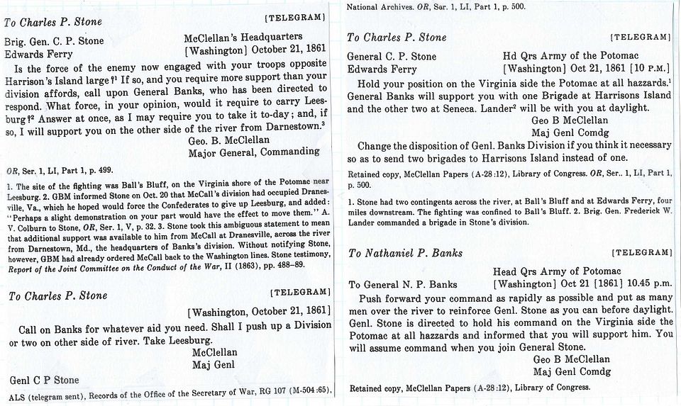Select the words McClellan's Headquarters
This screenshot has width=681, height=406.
(x=243, y=37)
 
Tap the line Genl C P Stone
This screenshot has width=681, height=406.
(x=44, y=380)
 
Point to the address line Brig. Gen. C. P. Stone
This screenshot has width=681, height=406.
(x=55, y=40)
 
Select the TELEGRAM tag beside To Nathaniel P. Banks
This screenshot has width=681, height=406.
(x=641, y=252)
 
